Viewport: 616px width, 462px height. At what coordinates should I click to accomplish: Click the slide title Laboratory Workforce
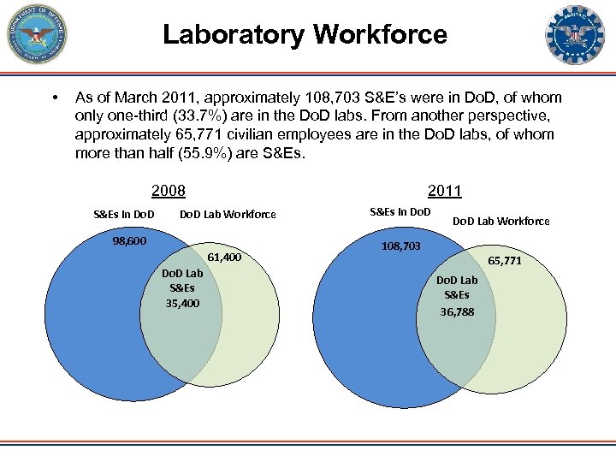click(x=305, y=35)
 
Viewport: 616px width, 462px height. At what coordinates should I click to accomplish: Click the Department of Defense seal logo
click(x=35, y=35)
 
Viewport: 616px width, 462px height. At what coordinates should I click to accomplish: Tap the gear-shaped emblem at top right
click(x=574, y=35)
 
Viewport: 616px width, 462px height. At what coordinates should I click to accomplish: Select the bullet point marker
click(x=54, y=98)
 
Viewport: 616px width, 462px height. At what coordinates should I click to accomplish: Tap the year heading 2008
click(x=168, y=191)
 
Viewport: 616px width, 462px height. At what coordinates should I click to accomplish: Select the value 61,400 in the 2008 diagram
click(x=224, y=258)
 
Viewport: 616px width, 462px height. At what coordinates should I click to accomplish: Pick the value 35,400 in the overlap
click(x=182, y=303)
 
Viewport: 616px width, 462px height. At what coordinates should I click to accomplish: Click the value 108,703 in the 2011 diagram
click(x=400, y=246)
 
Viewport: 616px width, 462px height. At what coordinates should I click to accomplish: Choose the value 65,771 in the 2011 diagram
click(x=505, y=261)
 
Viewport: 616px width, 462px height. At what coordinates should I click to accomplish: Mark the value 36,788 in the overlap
click(x=457, y=312)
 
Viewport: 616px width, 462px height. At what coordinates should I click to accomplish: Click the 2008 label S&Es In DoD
click(x=124, y=214)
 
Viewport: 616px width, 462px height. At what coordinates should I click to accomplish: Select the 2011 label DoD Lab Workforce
click(x=500, y=222)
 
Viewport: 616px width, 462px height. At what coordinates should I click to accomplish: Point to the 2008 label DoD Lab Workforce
click(x=228, y=214)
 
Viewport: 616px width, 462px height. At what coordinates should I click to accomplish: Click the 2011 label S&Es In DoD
click(x=400, y=211)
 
